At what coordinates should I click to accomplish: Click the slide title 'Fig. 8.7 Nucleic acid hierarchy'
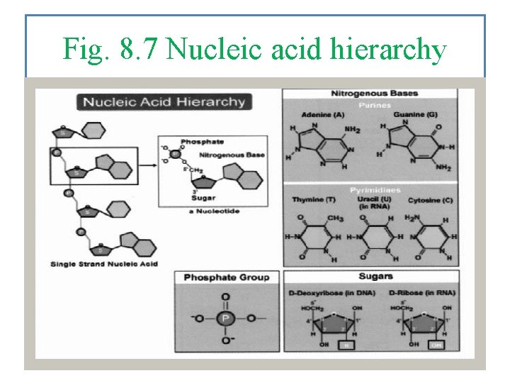click(x=254, y=50)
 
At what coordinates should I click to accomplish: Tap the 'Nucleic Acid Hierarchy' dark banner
click(x=164, y=101)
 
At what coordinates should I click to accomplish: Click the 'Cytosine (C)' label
click(x=430, y=201)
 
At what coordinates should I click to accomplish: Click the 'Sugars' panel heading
click(x=375, y=276)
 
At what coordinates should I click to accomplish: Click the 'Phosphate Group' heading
click(x=226, y=277)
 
